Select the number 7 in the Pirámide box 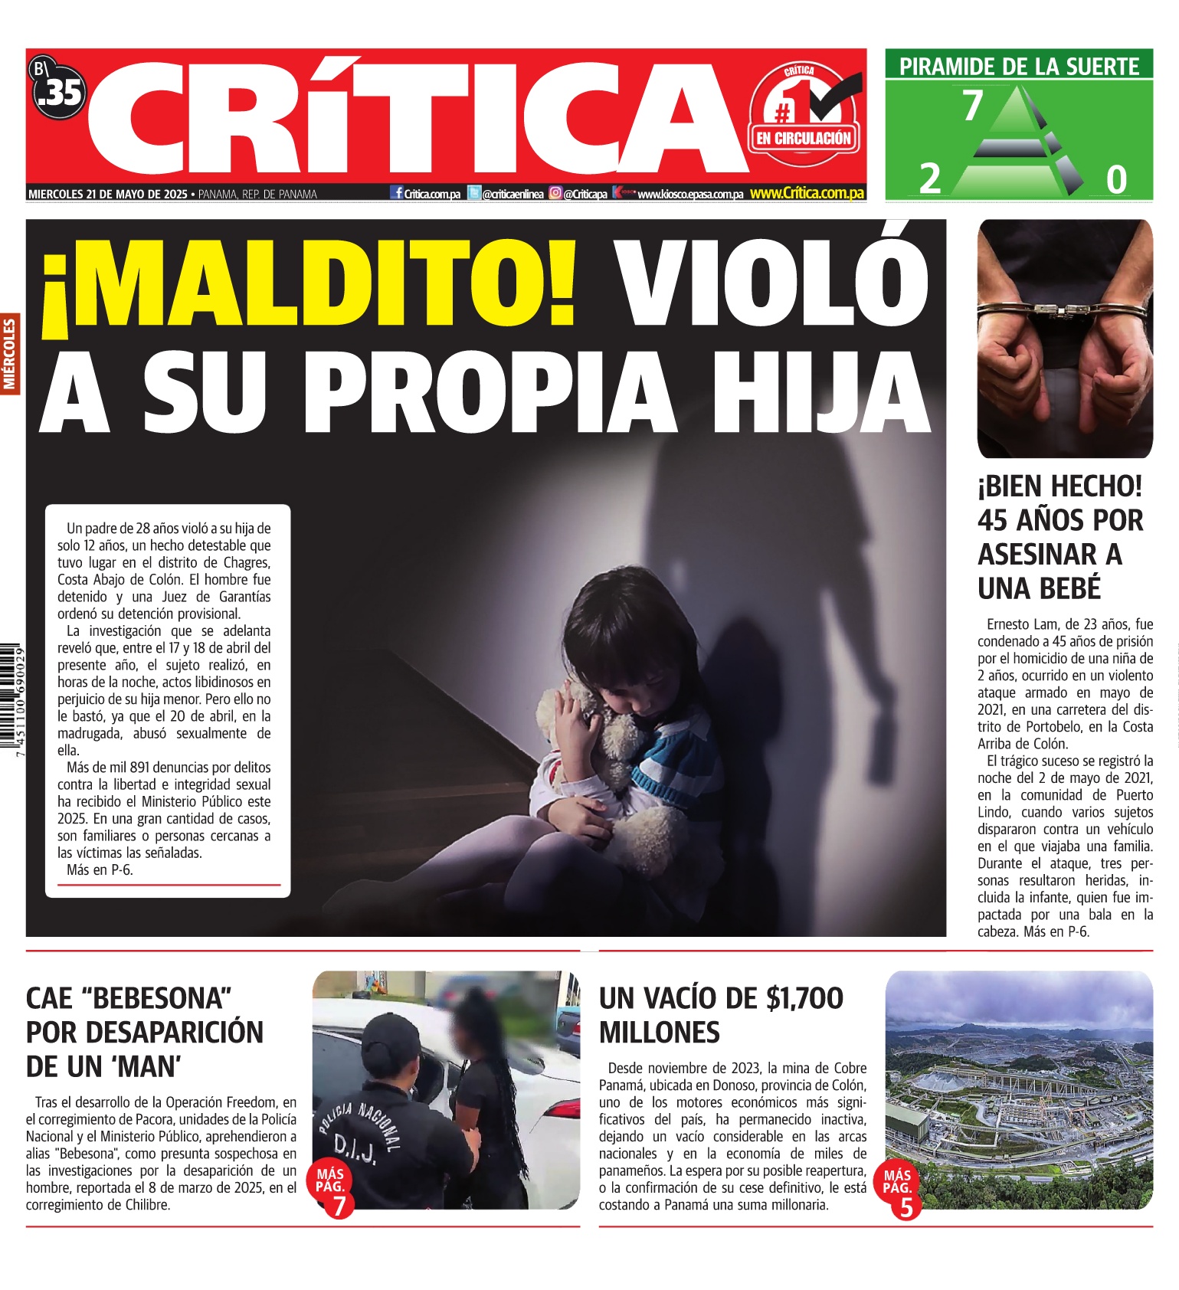click(x=972, y=106)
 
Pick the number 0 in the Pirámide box click(x=1116, y=180)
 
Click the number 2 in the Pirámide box click(x=929, y=179)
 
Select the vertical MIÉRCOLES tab click(x=10, y=355)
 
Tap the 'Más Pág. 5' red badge click(x=899, y=1192)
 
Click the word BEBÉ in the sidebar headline click(x=1039, y=588)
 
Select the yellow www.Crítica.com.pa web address click(x=807, y=194)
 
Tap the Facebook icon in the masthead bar click(x=397, y=193)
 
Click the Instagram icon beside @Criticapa click(x=555, y=194)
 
